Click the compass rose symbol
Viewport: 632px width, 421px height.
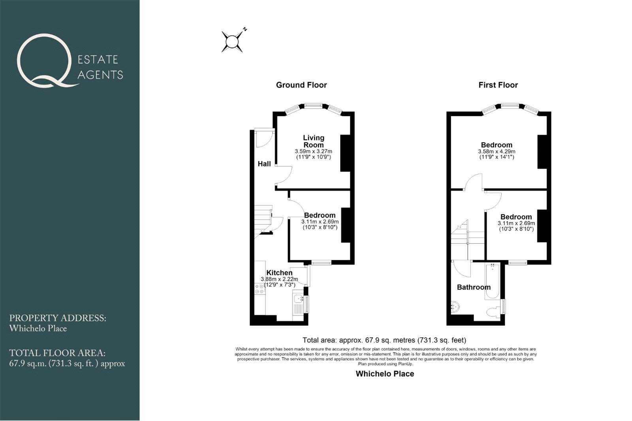coord(232,42)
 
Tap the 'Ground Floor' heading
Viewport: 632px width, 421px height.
coord(301,85)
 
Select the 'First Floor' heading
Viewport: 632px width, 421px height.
coord(498,85)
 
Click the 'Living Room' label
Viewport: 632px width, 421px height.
coord(314,141)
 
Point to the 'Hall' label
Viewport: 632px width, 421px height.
coord(264,164)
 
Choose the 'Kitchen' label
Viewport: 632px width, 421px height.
coord(279,273)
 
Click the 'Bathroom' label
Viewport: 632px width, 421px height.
coord(474,287)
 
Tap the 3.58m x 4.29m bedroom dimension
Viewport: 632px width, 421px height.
coord(497,152)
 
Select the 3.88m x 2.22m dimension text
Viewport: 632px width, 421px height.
coord(279,279)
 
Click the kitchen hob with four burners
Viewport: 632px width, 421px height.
coord(260,289)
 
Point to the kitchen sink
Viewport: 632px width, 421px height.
coord(298,299)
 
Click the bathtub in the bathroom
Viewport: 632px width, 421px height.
coord(493,281)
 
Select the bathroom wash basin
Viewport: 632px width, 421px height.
coord(455,307)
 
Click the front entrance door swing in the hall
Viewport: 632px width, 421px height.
coord(264,138)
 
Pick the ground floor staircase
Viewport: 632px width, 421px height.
coord(263,222)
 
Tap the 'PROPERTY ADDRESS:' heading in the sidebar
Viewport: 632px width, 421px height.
coord(58,318)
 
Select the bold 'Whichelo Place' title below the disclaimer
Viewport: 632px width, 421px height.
coord(385,374)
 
